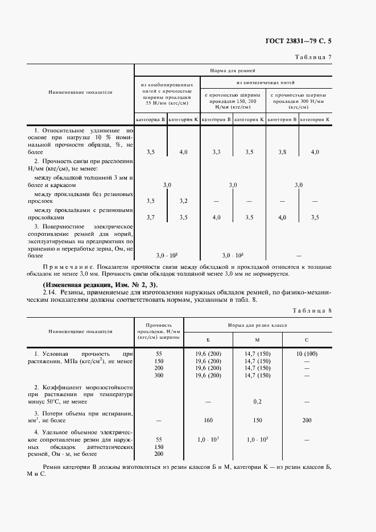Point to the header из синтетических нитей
[x=267, y=82]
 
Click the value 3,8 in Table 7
[x=282, y=152]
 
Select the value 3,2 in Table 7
[x=183, y=201]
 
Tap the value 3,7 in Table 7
[x=150, y=217]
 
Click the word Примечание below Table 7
[x=68, y=266]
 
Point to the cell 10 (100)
[x=307, y=354]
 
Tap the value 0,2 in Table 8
[x=257, y=401]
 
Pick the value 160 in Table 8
[x=208, y=420]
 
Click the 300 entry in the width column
[x=159, y=376]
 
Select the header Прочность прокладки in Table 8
[x=159, y=330]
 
